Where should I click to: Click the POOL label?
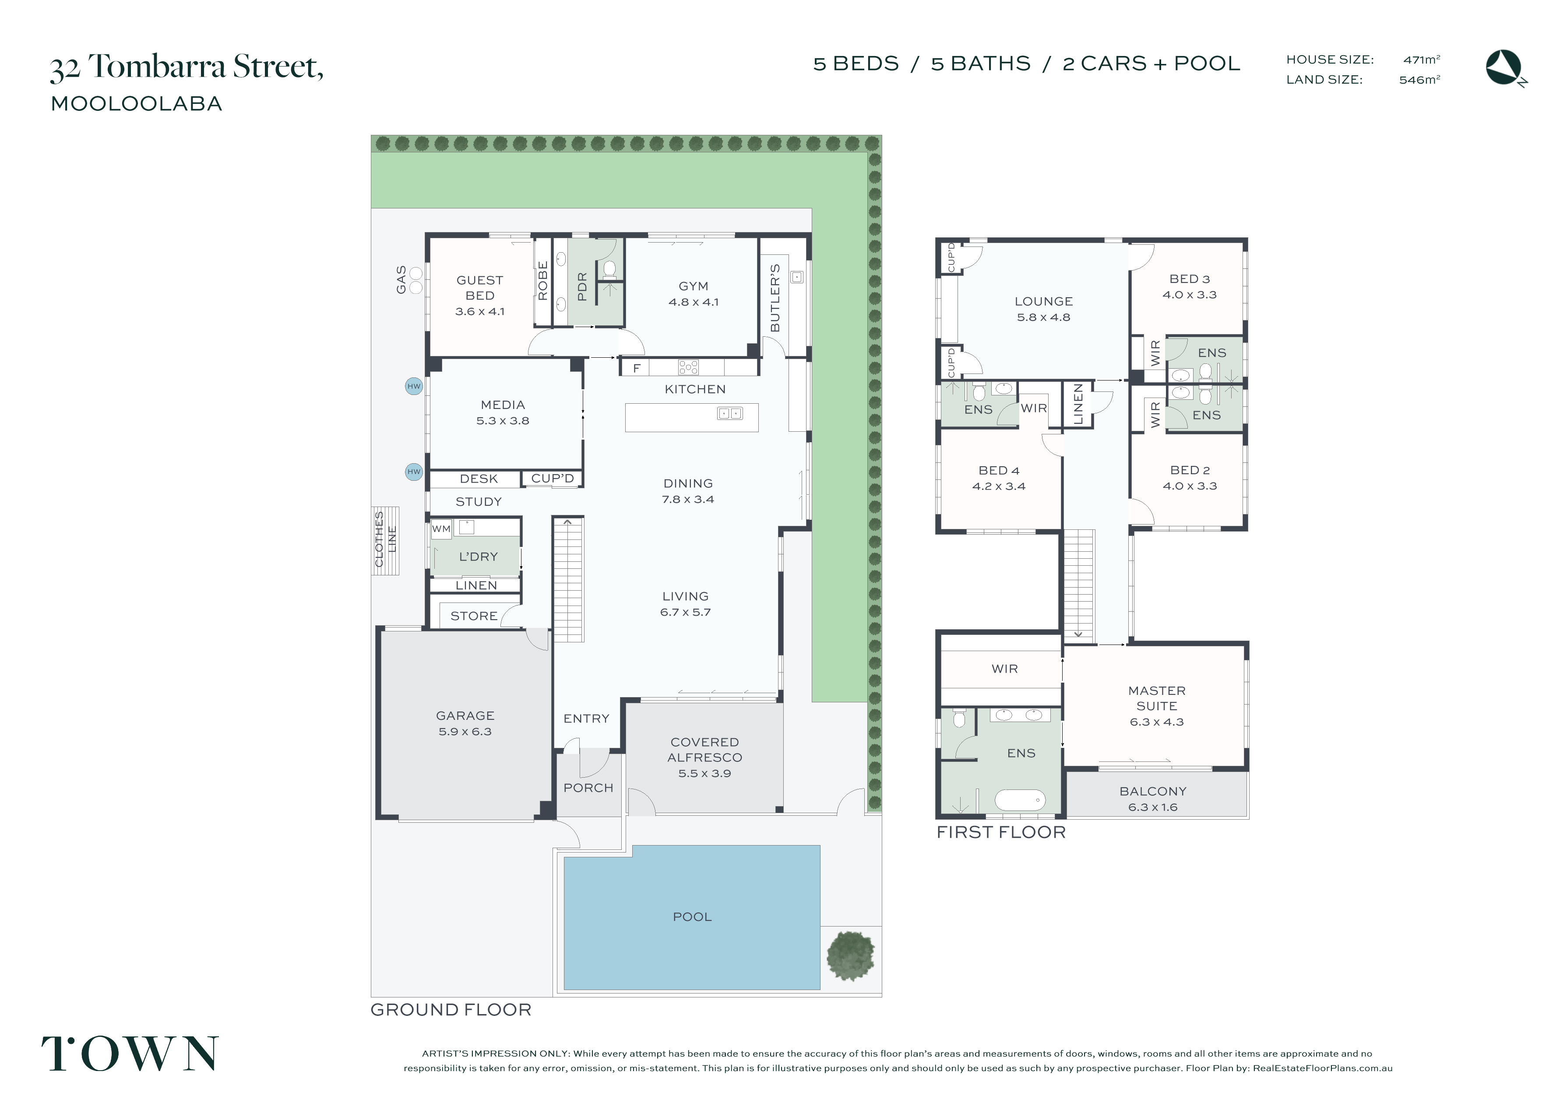(x=692, y=917)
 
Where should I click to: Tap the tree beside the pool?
(x=851, y=955)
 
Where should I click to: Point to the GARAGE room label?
(x=465, y=716)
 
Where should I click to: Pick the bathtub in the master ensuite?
(x=1021, y=800)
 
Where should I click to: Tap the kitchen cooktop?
(x=688, y=367)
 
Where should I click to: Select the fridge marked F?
(x=637, y=368)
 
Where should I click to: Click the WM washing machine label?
(x=441, y=529)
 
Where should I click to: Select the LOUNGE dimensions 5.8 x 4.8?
(x=1043, y=317)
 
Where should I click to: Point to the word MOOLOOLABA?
(x=136, y=104)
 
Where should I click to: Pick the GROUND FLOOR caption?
(x=451, y=1010)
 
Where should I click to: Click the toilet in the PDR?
(x=609, y=268)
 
